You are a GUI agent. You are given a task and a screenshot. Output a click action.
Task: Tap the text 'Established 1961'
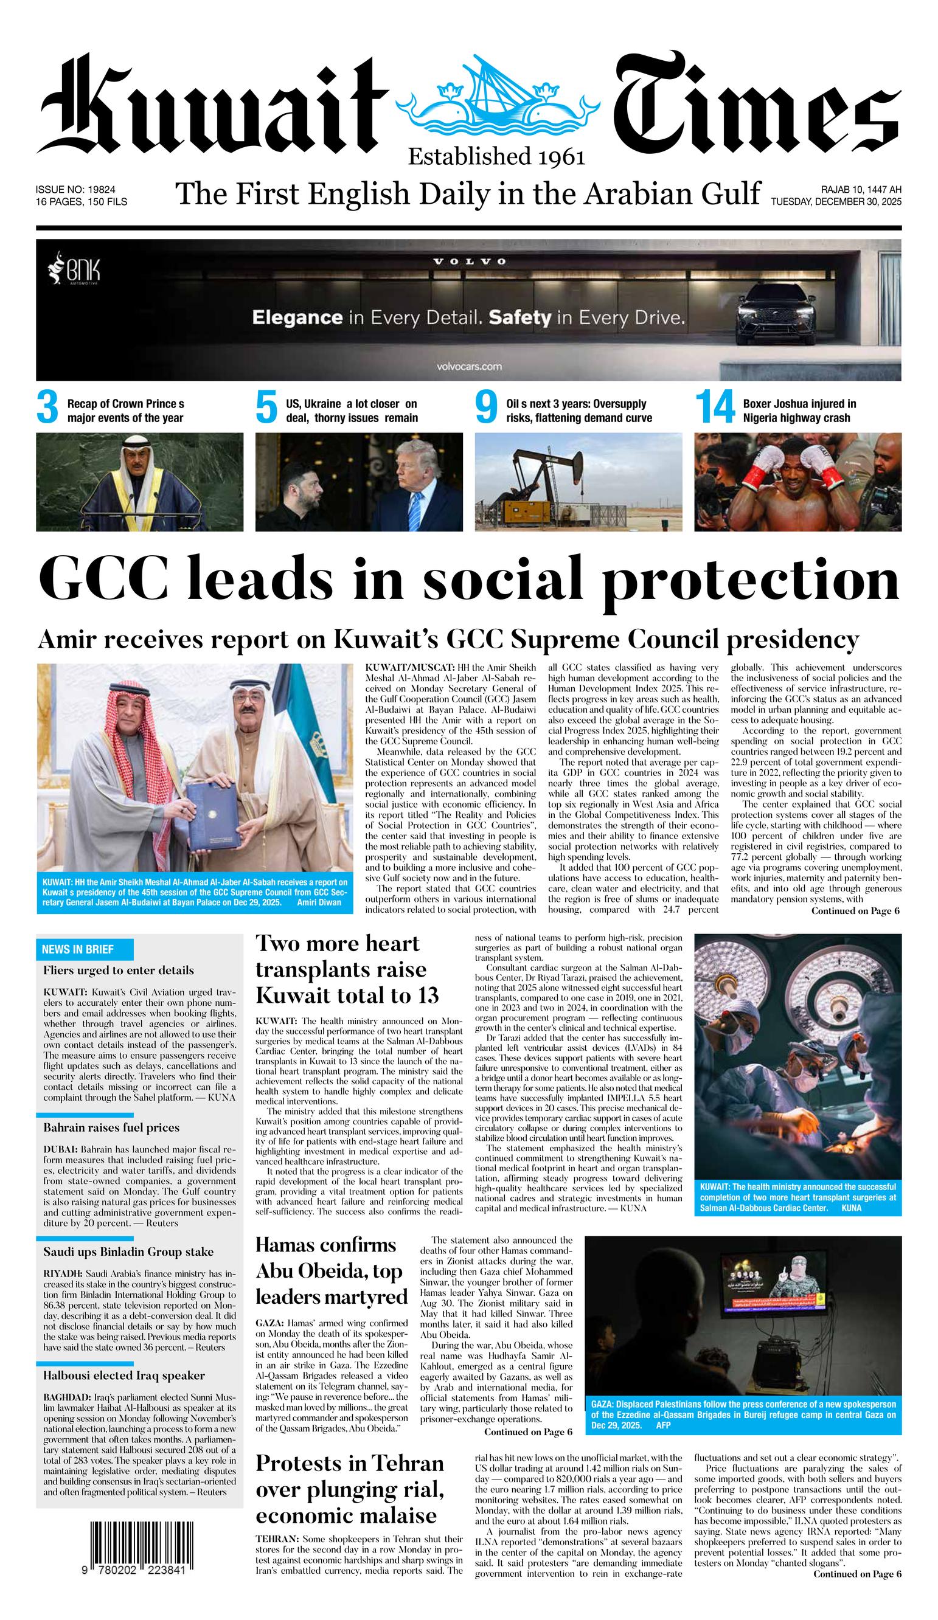496,156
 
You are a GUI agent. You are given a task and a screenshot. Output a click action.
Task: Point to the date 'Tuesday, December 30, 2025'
836,202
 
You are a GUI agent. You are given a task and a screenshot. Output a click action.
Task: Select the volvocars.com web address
468,367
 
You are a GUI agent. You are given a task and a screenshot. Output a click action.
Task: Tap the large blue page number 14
714,408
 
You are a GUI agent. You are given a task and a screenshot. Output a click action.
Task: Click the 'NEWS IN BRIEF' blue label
78,949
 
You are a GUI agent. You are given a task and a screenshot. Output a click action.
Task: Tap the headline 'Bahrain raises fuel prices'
111,1127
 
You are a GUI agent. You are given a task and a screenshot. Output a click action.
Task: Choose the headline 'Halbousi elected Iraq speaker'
124,1376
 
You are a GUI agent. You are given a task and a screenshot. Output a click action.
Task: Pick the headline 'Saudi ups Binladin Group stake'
128,1251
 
